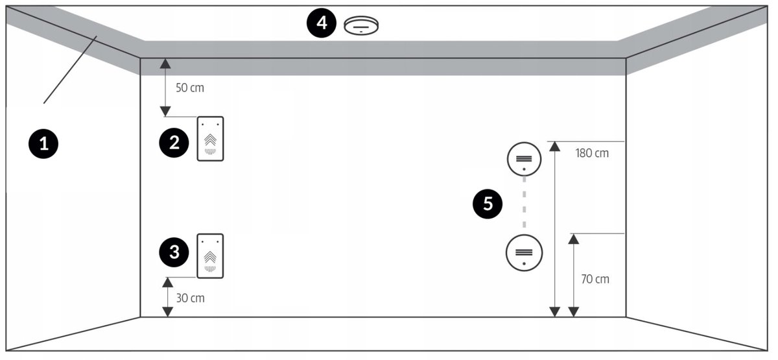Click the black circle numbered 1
[x=44, y=143]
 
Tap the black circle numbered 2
[x=174, y=143]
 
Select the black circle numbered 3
[x=174, y=252]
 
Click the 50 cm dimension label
[x=190, y=88]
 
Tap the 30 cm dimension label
[x=190, y=298]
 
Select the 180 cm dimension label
[x=592, y=154]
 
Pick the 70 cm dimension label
[x=594, y=279]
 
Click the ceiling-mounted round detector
[x=361, y=25]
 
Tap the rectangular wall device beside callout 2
[x=211, y=139]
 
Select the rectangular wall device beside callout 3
[x=211, y=256]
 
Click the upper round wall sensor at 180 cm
[x=524, y=159]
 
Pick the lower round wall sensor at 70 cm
[x=524, y=252]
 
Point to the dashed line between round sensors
[x=524, y=206]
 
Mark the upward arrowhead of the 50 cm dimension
[x=166, y=63]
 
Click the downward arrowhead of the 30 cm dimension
[x=167, y=312]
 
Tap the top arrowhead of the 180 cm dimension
[x=554, y=146]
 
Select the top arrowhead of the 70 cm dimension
[x=573, y=239]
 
